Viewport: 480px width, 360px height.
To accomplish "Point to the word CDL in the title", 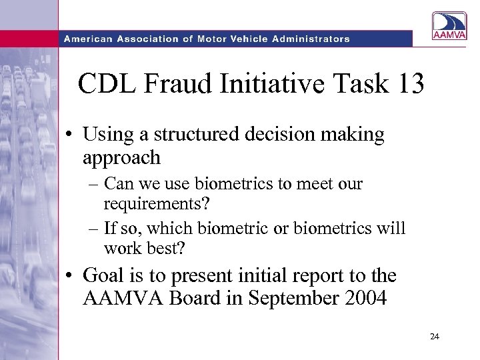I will point(103,84).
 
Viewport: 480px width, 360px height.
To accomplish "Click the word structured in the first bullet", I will point(194,135).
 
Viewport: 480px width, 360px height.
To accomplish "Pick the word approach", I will point(121,158).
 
